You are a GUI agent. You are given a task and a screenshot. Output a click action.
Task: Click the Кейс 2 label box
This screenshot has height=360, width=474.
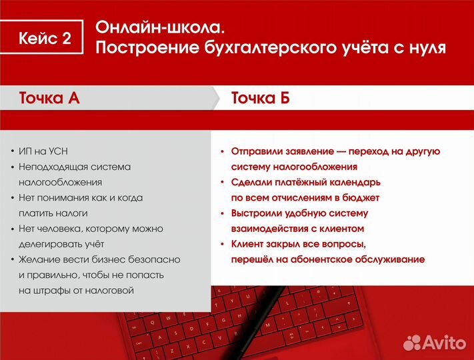[x=45, y=38]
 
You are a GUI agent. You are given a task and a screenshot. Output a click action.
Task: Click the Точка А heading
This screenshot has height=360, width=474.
[x=49, y=99]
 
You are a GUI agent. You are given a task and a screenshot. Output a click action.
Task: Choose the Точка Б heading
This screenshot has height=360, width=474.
[x=261, y=99]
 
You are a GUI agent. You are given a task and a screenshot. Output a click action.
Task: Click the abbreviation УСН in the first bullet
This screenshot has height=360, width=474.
[x=67, y=150]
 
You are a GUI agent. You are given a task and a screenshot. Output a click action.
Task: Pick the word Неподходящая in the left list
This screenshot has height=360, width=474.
[x=52, y=166]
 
